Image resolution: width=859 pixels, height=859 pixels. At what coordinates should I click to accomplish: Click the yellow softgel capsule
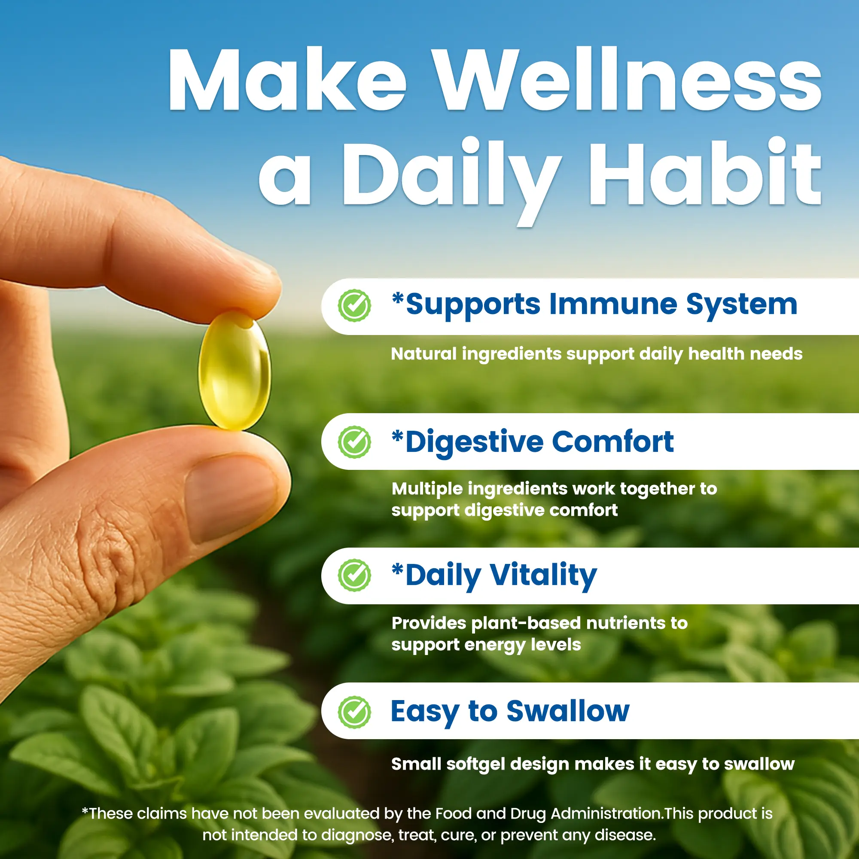[235, 371]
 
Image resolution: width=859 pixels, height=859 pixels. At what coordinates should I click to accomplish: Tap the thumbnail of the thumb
[231, 497]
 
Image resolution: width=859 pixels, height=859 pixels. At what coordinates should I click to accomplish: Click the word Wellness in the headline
[627, 79]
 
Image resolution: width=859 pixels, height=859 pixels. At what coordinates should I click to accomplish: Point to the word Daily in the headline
[452, 180]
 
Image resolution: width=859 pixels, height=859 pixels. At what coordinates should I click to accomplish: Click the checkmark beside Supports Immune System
[354, 305]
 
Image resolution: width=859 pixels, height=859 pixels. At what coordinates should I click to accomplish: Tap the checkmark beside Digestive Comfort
[354, 442]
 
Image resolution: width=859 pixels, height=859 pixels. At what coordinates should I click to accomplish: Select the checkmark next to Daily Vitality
[354, 576]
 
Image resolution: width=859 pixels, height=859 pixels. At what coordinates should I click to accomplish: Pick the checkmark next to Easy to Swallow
[354, 712]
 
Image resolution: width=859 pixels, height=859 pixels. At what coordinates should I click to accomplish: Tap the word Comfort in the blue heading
[613, 442]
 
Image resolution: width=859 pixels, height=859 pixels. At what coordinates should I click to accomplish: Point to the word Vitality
[543, 576]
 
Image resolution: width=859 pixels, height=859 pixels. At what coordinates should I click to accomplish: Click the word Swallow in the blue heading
[568, 711]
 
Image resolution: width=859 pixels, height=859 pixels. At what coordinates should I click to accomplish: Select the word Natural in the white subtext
[424, 354]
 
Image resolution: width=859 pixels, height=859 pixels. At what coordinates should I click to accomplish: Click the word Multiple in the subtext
[427, 489]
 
